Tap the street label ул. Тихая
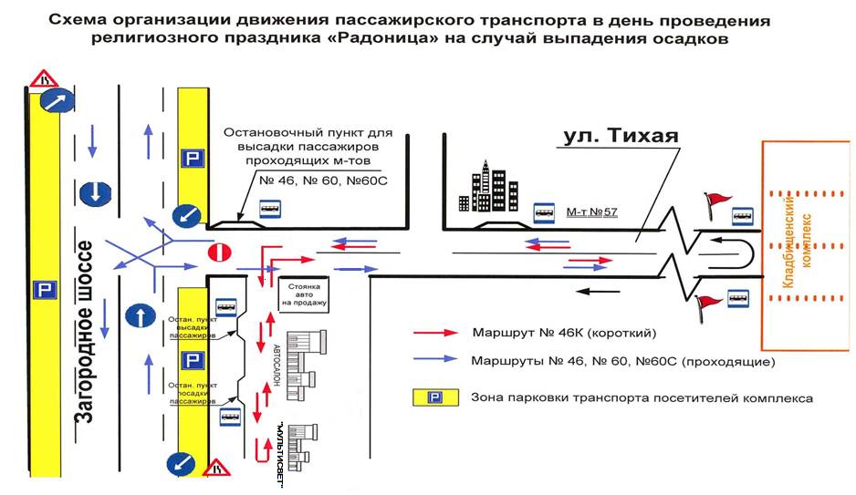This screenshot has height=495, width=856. click(621, 137)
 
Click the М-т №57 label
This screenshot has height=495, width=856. click(591, 212)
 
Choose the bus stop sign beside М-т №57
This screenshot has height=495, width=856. click(544, 213)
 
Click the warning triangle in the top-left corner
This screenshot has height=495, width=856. click(44, 78)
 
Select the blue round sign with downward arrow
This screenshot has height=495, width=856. click(95, 192)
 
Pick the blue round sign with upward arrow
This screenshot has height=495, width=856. click(138, 316)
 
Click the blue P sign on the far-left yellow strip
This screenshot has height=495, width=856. click(45, 290)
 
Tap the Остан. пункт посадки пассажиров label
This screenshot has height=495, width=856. click(193, 393)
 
